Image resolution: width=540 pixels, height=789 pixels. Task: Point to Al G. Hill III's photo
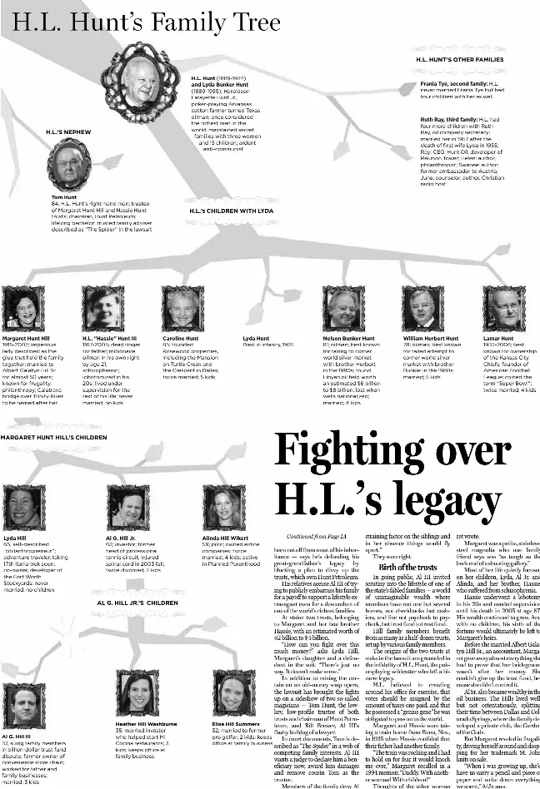[x=22, y=704]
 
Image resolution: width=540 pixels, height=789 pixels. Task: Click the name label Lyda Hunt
[x=256, y=339]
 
